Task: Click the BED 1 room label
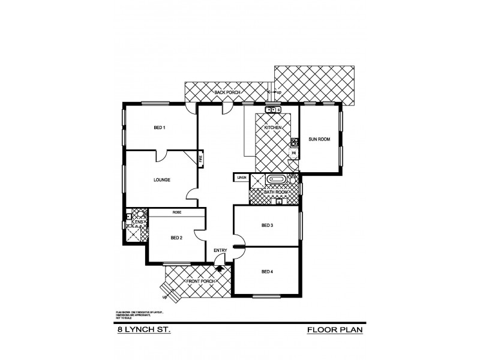159,128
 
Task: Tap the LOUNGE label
161,180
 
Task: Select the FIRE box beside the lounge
201,160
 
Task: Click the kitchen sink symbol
273,110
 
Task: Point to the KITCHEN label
273,128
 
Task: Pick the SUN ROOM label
319,139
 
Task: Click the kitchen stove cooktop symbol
295,143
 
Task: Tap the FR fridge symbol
294,154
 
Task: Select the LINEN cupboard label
241,178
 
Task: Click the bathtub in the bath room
277,179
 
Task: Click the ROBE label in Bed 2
177,212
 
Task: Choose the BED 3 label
268,226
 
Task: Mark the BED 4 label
268,272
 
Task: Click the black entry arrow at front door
219,268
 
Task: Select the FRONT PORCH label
200,281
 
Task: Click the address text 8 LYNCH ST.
143,329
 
